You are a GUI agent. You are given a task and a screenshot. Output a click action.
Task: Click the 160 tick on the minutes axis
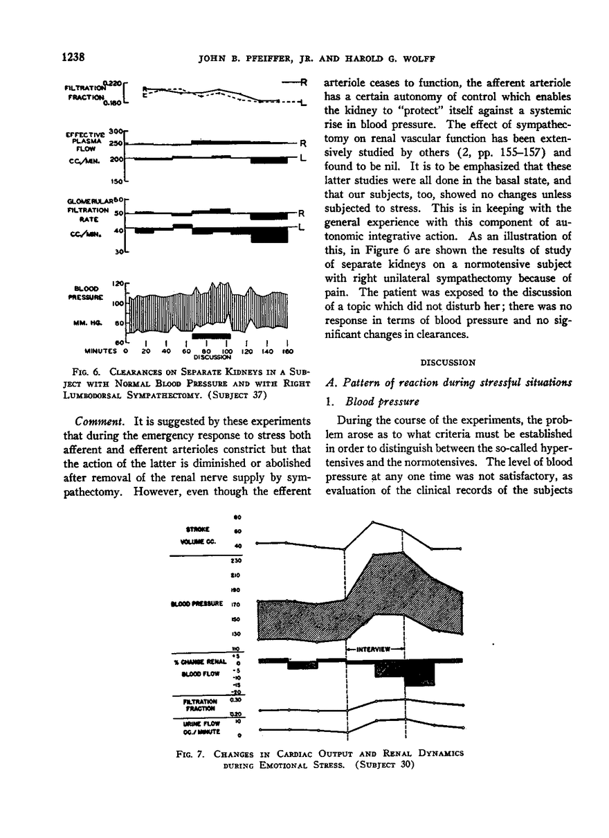coord(287,350)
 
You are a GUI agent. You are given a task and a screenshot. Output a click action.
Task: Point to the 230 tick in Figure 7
coord(235,561)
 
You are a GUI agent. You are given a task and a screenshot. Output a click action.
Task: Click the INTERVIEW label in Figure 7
coord(374,649)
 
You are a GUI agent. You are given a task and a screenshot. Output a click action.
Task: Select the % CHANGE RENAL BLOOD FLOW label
coord(201,666)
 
